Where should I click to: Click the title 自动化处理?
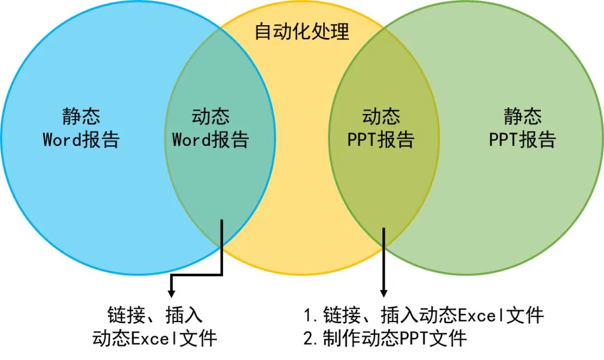pyautogui.click(x=302, y=31)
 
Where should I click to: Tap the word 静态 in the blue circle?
pyautogui.click(x=81, y=117)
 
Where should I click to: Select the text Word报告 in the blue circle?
pyautogui.click(x=81, y=139)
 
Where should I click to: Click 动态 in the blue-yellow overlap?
pyautogui.click(x=211, y=117)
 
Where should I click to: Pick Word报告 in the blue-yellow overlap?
pyautogui.click(x=211, y=139)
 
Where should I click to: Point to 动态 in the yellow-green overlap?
pyautogui.click(x=381, y=117)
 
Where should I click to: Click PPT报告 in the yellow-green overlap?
pyautogui.click(x=381, y=139)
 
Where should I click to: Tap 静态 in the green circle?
pyautogui.click(x=522, y=117)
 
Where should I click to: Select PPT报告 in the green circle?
pyautogui.click(x=522, y=139)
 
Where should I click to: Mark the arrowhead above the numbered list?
pyautogui.click(x=384, y=292)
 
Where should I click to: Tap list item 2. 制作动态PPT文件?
pyautogui.click(x=386, y=338)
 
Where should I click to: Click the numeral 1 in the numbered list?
pyautogui.click(x=308, y=315)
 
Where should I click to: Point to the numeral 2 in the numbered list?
pyautogui.click(x=308, y=338)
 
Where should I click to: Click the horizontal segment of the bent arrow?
pyautogui.click(x=197, y=274)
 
